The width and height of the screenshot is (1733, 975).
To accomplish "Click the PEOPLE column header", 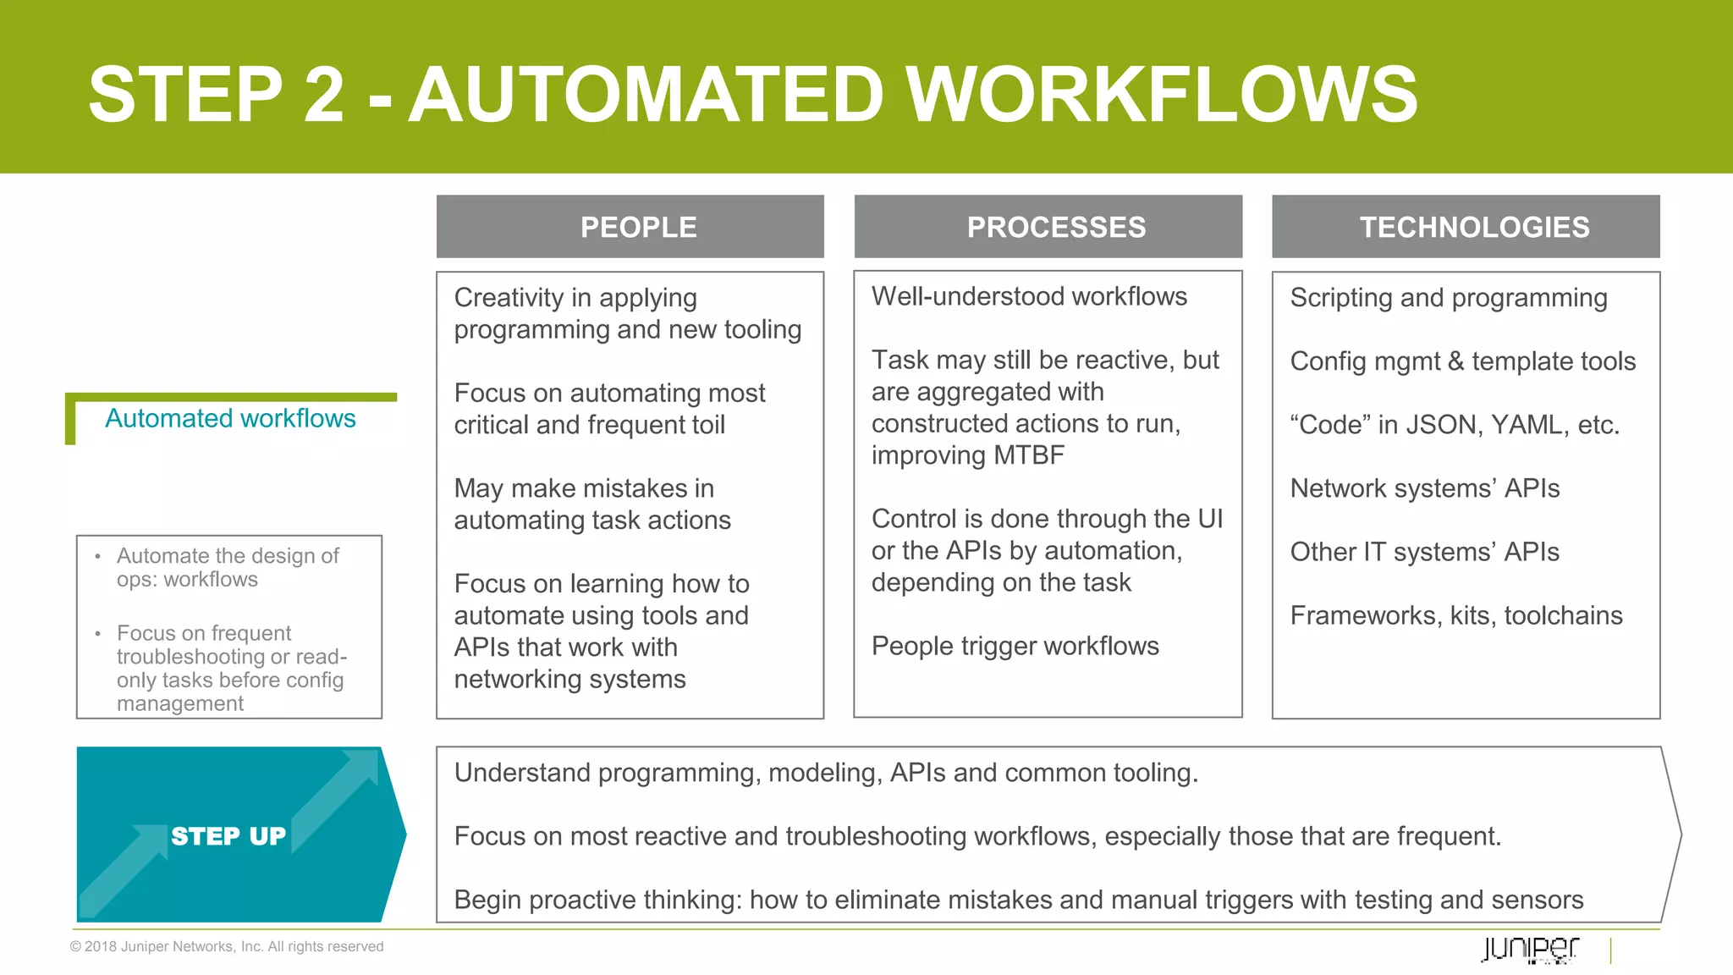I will pyautogui.click(x=638, y=227).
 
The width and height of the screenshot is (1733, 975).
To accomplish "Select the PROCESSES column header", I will pyautogui.click(x=1056, y=227).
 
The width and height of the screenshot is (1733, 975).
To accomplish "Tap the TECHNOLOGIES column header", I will pyautogui.click(x=1474, y=227).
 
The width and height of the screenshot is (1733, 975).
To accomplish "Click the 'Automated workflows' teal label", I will pyautogui.click(x=230, y=418).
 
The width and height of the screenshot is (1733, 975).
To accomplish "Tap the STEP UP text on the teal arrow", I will pyautogui.click(x=228, y=836).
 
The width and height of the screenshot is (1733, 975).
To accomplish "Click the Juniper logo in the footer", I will pyautogui.click(x=1530, y=949).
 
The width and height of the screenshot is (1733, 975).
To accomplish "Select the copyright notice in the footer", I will pyautogui.click(x=227, y=946).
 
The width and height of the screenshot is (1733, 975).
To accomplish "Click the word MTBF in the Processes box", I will pyautogui.click(x=1029, y=455).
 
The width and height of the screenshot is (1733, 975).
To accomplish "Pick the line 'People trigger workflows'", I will pyautogui.click(x=1015, y=646).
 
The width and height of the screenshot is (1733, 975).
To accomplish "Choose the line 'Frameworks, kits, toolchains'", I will pyautogui.click(x=1456, y=615).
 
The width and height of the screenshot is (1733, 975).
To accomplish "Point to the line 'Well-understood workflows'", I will pyautogui.click(x=1029, y=296).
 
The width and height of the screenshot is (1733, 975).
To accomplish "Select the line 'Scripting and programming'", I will pyautogui.click(x=1449, y=298).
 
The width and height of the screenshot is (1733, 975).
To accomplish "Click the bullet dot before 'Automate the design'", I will pyautogui.click(x=98, y=557).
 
